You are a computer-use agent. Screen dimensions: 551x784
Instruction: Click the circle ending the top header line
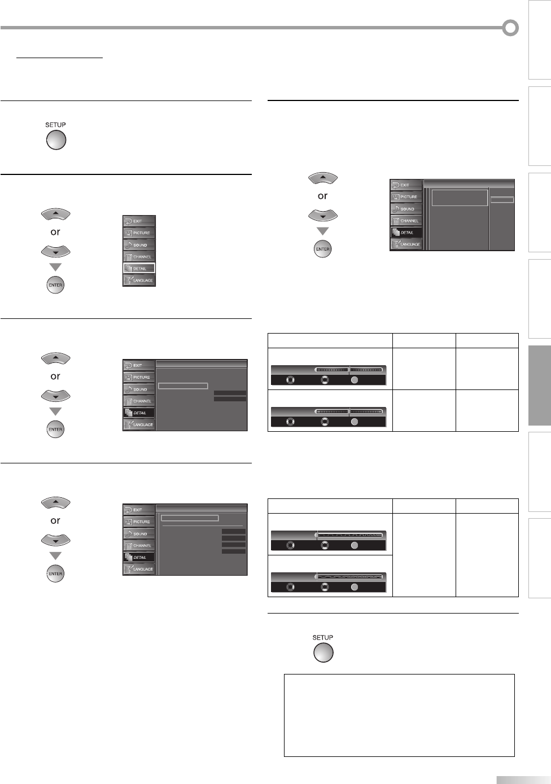pos(510,28)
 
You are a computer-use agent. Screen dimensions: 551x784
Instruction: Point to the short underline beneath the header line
pos(59,58)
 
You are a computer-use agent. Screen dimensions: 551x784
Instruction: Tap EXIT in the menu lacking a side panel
pos(139,221)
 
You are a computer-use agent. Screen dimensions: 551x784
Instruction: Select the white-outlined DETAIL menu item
pos(139,269)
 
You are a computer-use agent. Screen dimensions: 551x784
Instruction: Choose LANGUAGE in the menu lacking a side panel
pos(139,281)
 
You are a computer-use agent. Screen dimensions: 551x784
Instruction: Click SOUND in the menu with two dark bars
pos(139,389)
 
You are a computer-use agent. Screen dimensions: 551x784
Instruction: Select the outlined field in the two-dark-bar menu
pos(183,386)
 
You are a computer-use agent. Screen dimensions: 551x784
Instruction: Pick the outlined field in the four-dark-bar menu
pos(190,518)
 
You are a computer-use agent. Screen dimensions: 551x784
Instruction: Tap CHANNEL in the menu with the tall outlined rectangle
pos(406,221)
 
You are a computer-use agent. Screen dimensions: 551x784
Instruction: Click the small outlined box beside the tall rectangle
pos(502,200)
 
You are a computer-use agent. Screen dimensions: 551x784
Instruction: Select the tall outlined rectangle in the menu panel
pos(460,198)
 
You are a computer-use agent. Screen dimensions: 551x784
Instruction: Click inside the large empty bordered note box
pos(399,715)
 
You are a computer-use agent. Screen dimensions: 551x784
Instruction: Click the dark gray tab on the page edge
pos(539,386)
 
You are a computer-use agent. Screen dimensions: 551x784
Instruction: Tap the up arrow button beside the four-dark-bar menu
pos(55,503)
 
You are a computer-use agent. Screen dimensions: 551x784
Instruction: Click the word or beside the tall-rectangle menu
pos(322,196)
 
